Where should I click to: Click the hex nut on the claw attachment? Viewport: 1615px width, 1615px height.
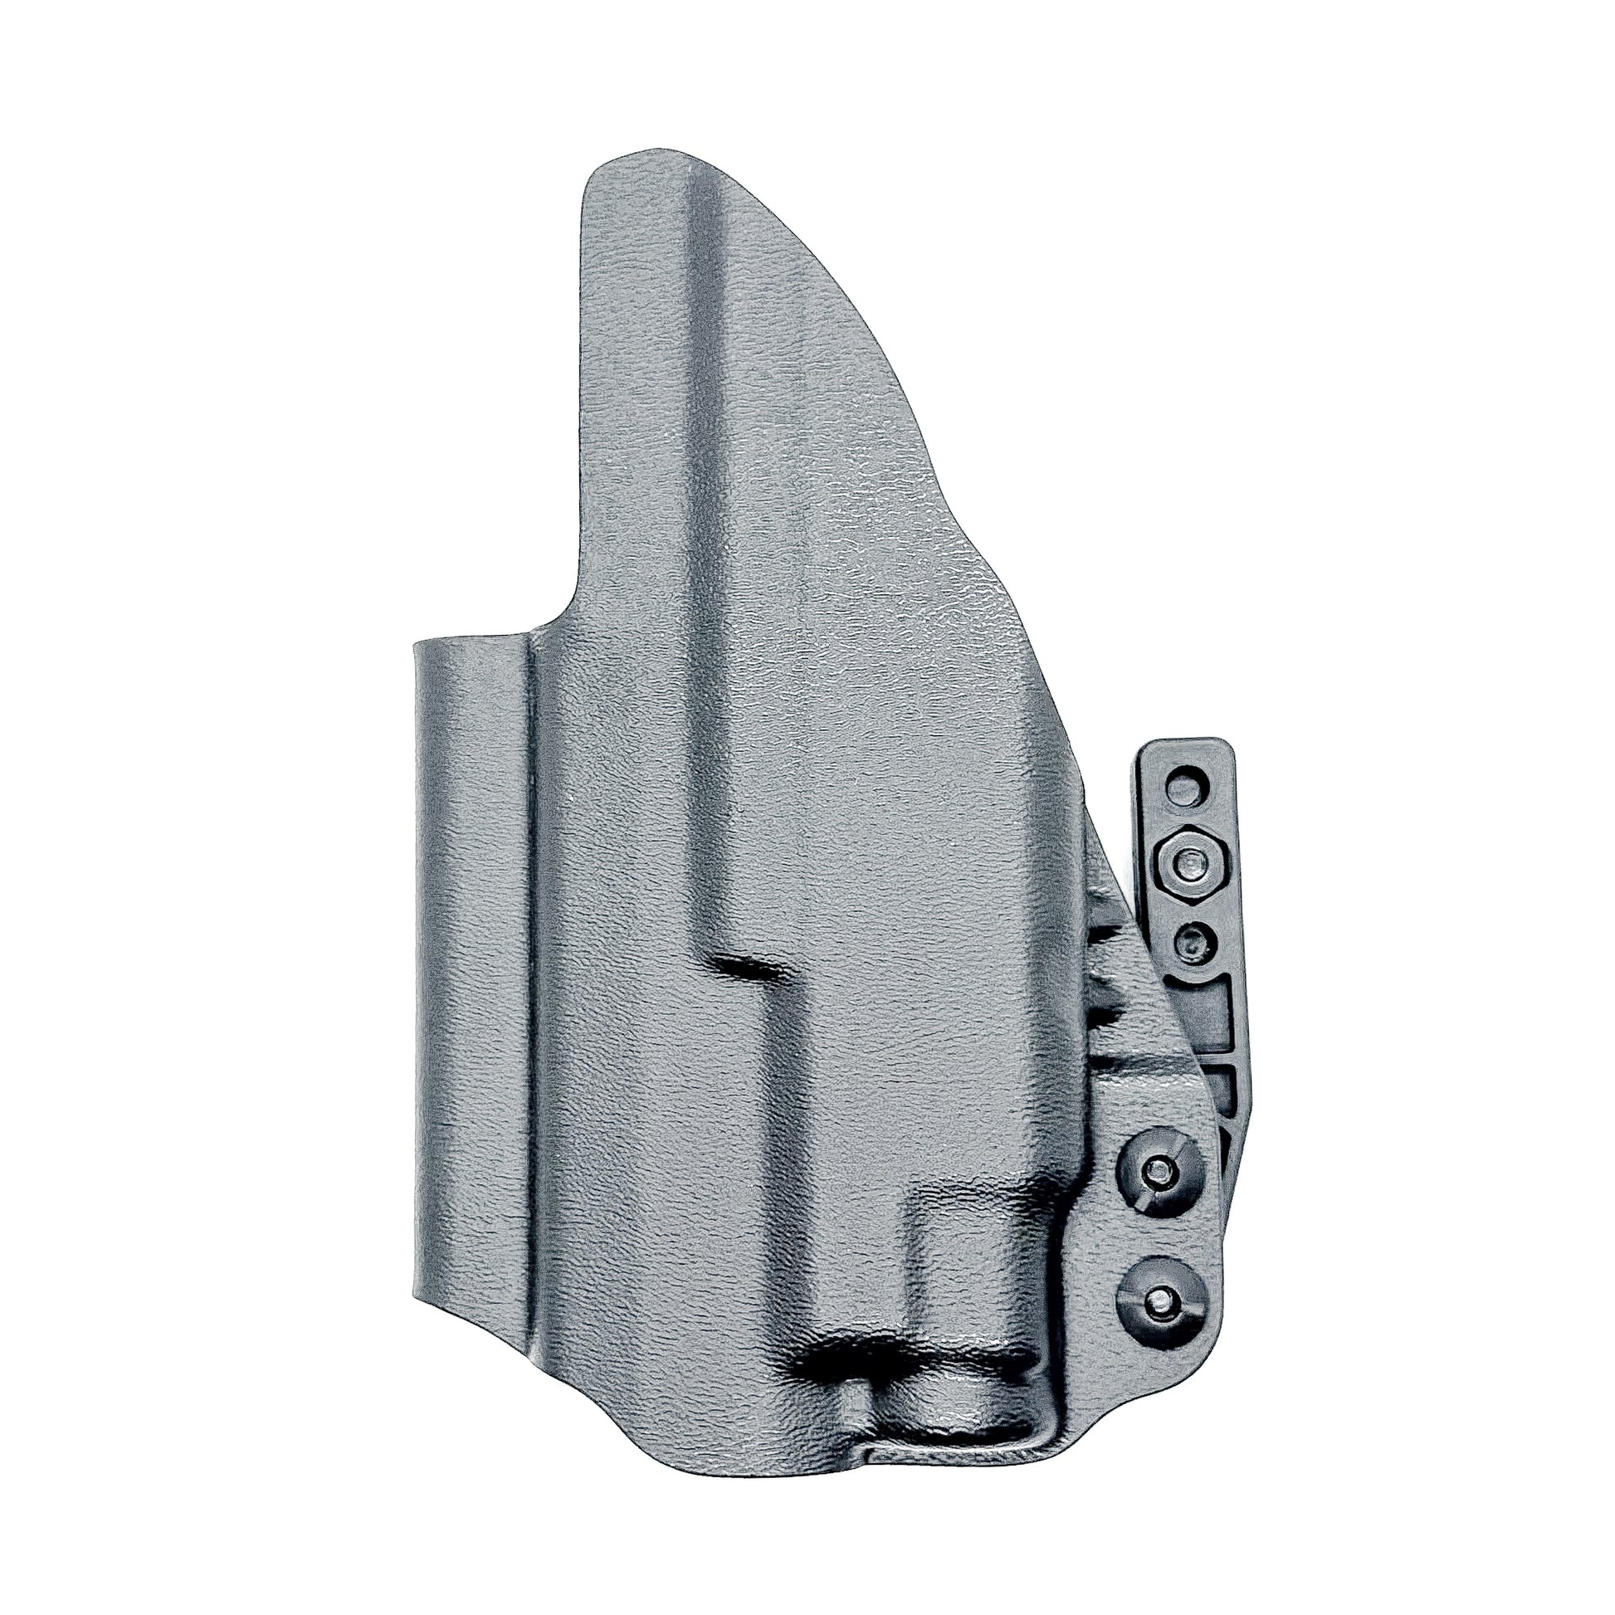[1186, 860]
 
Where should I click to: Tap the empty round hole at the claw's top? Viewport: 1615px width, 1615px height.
[1188, 788]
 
